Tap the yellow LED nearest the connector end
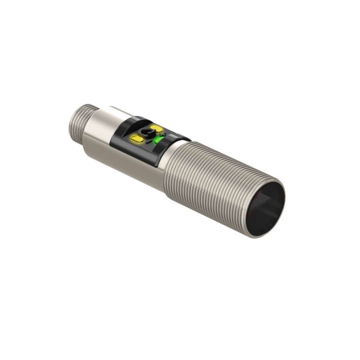[138, 138]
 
